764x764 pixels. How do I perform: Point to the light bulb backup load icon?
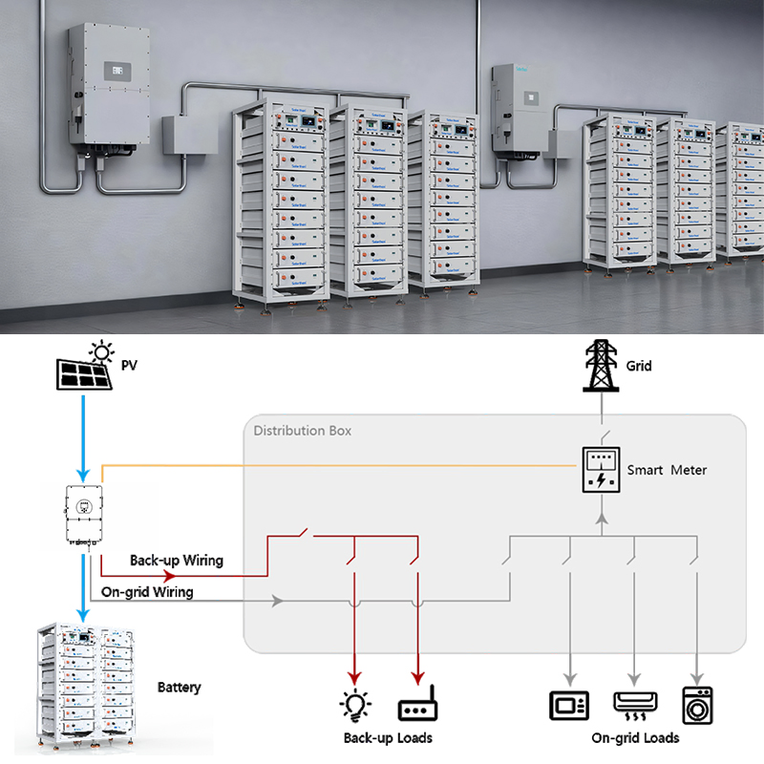[355, 707]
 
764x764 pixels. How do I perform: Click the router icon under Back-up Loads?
[416, 710]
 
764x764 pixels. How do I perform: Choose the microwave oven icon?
[569, 706]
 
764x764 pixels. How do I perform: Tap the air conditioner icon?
[632, 706]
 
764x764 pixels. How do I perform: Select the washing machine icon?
[696, 705]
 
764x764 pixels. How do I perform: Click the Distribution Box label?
[302, 431]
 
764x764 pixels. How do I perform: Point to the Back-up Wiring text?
[176, 560]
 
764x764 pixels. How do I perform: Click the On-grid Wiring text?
[147, 592]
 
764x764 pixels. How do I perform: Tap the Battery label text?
[180, 687]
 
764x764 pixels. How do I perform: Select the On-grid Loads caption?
[635, 738]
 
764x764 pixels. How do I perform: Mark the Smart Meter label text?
[668, 470]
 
